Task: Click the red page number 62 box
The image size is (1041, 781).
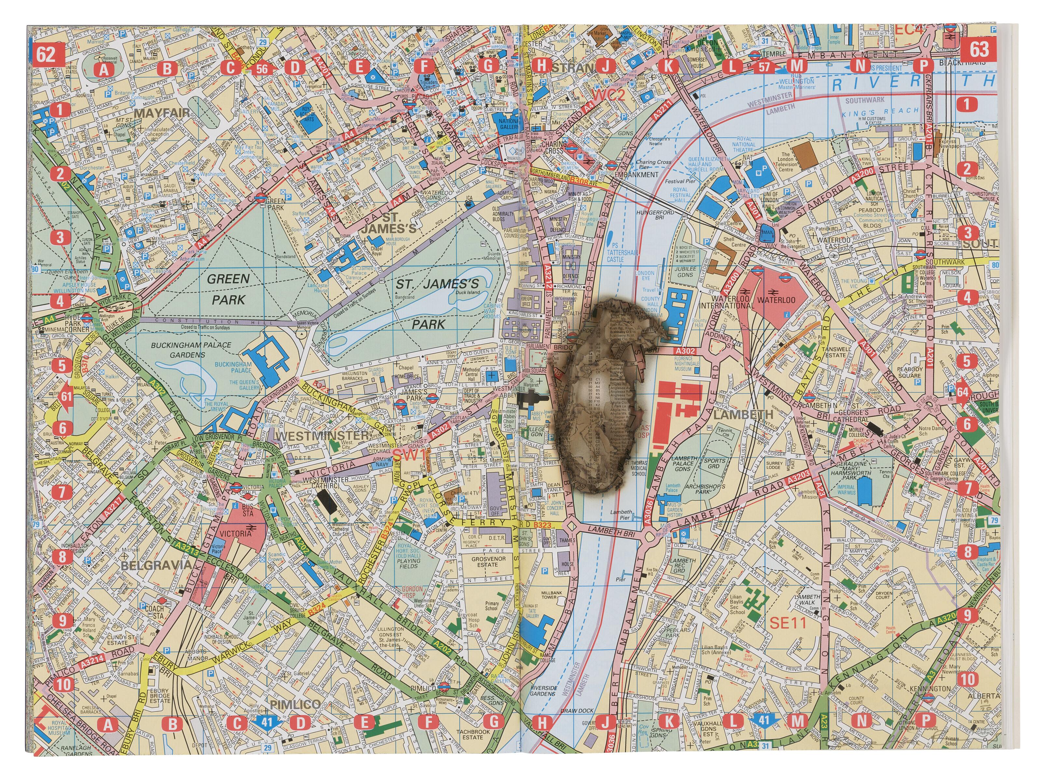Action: tap(47, 55)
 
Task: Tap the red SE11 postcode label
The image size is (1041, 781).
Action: tap(787, 623)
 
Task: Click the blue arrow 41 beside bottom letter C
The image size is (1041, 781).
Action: tap(267, 722)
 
